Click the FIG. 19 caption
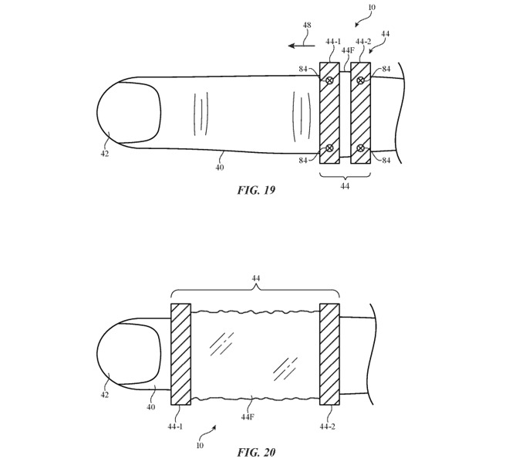point(255,190)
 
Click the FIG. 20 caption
point(254,451)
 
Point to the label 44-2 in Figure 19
point(364,42)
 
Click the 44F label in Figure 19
point(347,51)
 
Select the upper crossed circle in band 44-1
point(329,80)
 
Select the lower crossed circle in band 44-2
point(360,148)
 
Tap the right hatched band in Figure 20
point(329,354)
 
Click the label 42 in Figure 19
point(104,154)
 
